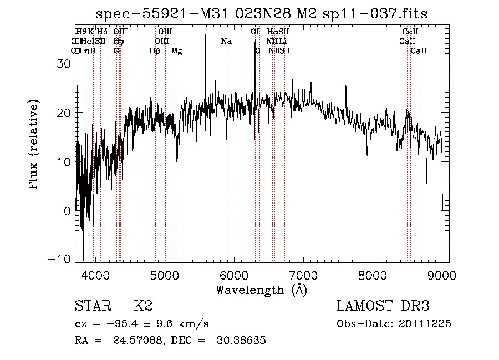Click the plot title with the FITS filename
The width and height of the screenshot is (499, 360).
(262, 14)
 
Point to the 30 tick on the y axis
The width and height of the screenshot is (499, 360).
(65, 64)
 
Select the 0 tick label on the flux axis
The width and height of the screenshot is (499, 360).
(67, 211)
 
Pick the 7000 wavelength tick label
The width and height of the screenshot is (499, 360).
(303, 275)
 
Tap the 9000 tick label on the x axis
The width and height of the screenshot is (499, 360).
(442, 275)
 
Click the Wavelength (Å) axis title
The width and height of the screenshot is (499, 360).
(261, 290)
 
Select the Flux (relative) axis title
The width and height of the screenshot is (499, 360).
(34, 145)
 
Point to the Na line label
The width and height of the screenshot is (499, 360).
(226, 42)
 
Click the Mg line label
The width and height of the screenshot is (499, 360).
(176, 51)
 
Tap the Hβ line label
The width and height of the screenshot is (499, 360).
(155, 51)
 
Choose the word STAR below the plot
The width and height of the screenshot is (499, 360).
(92, 306)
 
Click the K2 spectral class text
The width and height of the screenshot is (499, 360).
(143, 306)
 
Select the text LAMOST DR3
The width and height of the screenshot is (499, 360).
(383, 306)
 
